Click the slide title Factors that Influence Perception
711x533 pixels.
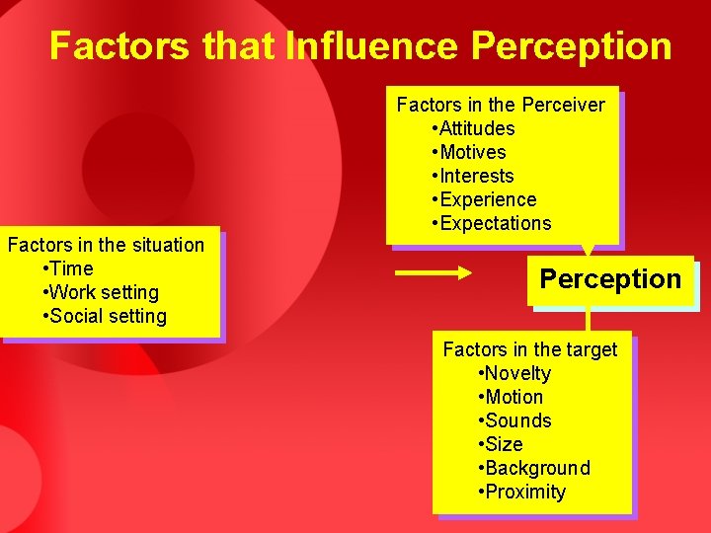[x=360, y=45]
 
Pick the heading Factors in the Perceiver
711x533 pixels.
[x=501, y=105]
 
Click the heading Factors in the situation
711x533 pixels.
[x=106, y=245]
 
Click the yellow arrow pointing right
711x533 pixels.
[x=434, y=273]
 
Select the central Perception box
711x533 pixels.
[x=610, y=279]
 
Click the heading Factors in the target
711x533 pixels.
[x=529, y=349]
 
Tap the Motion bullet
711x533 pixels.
[x=513, y=397]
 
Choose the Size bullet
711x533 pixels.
[x=503, y=444]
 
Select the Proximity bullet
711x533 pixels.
[x=524, y=492]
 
